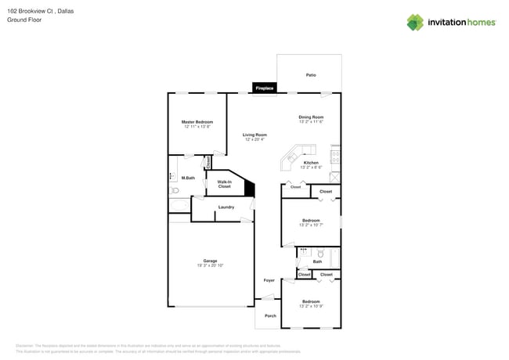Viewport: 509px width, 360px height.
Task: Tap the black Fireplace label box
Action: pos(265,88)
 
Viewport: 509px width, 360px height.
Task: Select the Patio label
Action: pos(311,74)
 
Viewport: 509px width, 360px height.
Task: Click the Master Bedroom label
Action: pos(197,122)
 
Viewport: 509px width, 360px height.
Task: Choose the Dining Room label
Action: pos(311,117)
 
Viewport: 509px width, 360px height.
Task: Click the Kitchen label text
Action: pos(311,163)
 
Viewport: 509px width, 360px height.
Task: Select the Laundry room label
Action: pos(226,207)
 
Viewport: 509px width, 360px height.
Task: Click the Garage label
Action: pos(210,261)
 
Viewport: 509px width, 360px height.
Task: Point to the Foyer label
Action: pos(269,279)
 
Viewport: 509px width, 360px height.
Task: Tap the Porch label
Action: pos(270,315)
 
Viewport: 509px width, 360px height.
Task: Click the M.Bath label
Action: pos(188,178)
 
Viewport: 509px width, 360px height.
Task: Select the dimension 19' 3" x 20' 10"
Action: pos(210,266)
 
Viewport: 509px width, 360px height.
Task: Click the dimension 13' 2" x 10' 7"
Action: pos(311,225)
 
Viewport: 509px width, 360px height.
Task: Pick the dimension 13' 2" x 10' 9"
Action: pos(311,306)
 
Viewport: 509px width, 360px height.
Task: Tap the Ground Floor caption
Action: pos(24,20)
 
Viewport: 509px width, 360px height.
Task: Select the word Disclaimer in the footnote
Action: pos(25,345)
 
